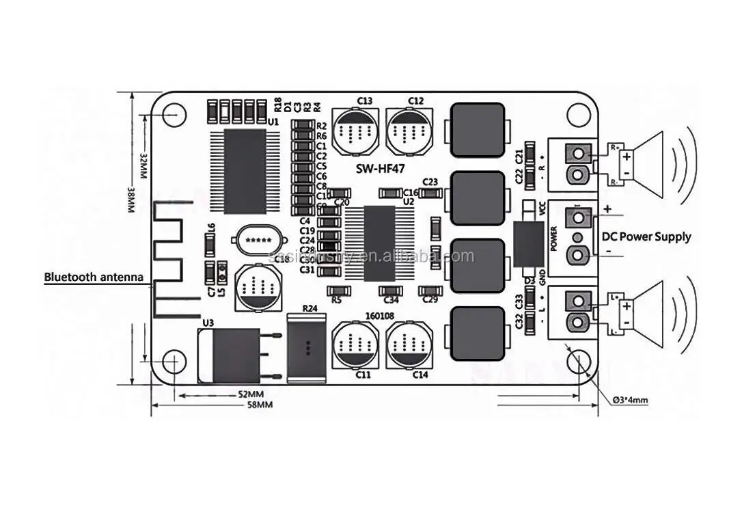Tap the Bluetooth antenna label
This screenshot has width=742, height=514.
94,278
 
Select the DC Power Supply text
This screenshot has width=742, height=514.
646,237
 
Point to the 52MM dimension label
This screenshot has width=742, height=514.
251,394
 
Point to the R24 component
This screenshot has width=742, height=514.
307,349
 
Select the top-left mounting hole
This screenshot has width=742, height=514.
174,113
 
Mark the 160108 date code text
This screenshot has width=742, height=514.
380,316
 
